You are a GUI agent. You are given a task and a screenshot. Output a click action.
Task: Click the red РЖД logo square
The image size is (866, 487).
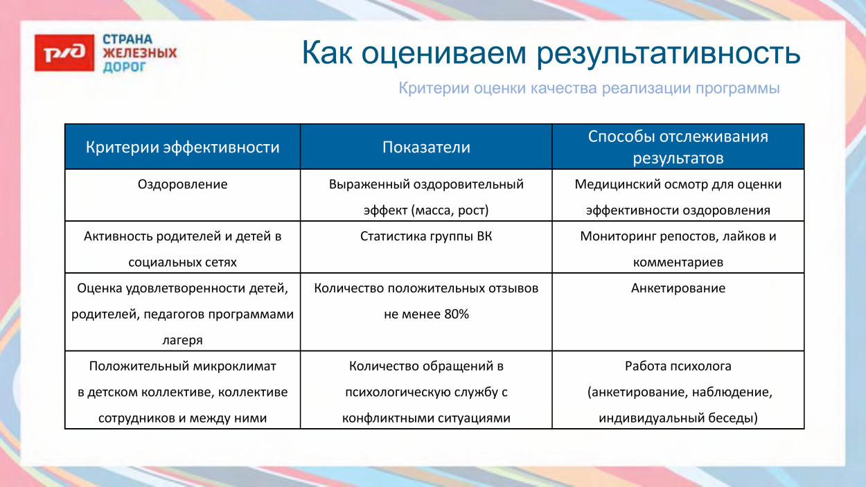point(64,53)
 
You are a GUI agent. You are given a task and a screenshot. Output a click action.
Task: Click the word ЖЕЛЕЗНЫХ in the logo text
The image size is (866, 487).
point(139,53)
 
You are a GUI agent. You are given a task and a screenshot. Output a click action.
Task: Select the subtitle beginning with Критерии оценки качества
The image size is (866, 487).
point(589,89)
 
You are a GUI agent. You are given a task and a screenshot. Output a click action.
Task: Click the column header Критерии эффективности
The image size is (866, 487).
point(183,148)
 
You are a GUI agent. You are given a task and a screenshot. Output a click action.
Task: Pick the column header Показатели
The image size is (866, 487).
point(426,148)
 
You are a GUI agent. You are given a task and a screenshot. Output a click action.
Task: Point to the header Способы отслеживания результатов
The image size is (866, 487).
point(678,147)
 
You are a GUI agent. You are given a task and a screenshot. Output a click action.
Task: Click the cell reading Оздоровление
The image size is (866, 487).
point(183,184)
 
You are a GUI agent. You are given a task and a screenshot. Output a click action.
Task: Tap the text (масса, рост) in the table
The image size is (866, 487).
point(452,210)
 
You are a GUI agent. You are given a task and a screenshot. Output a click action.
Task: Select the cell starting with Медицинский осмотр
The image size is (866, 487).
point(678,197)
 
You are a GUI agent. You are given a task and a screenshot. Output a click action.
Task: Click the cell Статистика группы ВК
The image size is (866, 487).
point(426,236)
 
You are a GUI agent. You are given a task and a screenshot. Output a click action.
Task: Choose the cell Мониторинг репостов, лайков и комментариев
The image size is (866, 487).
point(678,249)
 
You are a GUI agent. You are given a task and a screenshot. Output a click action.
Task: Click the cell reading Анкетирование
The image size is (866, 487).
point(678,288)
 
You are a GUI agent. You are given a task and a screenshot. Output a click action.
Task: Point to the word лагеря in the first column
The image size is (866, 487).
point(183,340)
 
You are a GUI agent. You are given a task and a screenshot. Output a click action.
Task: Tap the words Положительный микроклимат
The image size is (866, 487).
point(183,366)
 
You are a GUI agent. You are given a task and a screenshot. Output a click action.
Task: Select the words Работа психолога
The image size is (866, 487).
point(678,366)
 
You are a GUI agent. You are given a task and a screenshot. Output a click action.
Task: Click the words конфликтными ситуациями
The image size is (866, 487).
point(426,418)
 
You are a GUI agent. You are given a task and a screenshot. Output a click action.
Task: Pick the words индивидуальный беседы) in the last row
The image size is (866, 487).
point(678,418)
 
